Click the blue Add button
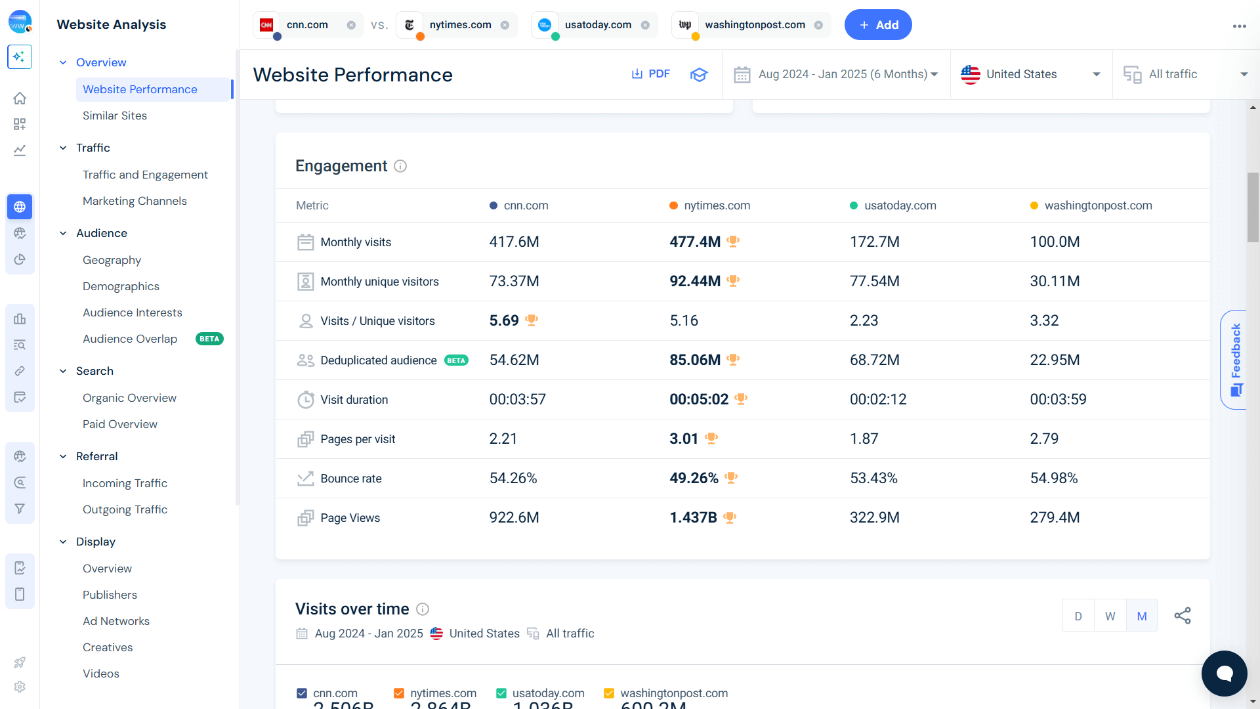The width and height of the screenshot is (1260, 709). [877, 25]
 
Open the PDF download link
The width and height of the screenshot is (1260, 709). [650, 74]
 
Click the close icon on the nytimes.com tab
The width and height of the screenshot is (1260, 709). [505, 25]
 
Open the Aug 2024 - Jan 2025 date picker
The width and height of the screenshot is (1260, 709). [836, 74]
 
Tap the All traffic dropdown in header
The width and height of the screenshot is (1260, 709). [1185, 74]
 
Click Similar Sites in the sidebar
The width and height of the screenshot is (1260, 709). [115, 116]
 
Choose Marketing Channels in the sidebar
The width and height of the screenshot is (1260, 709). [135, 201]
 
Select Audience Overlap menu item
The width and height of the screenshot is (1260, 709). [130, 339]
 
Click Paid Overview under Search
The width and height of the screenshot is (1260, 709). [120, 424]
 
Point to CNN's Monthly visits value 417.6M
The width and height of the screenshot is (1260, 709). [514, 242]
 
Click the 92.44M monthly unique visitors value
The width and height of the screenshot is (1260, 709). [694, 281]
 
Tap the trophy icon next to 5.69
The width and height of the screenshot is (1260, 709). [532, 320]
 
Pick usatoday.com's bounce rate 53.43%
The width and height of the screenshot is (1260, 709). [873, 478]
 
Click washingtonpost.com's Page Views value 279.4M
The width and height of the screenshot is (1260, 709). [1055, 517]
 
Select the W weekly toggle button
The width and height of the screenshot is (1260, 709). [1110, 616]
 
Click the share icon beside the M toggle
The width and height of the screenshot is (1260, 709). [1183, 616]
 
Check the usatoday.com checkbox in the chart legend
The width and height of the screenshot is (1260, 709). [501, 693]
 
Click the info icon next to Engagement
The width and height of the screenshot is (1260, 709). [400, 166]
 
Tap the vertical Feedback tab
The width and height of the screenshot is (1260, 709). [1236, 359]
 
